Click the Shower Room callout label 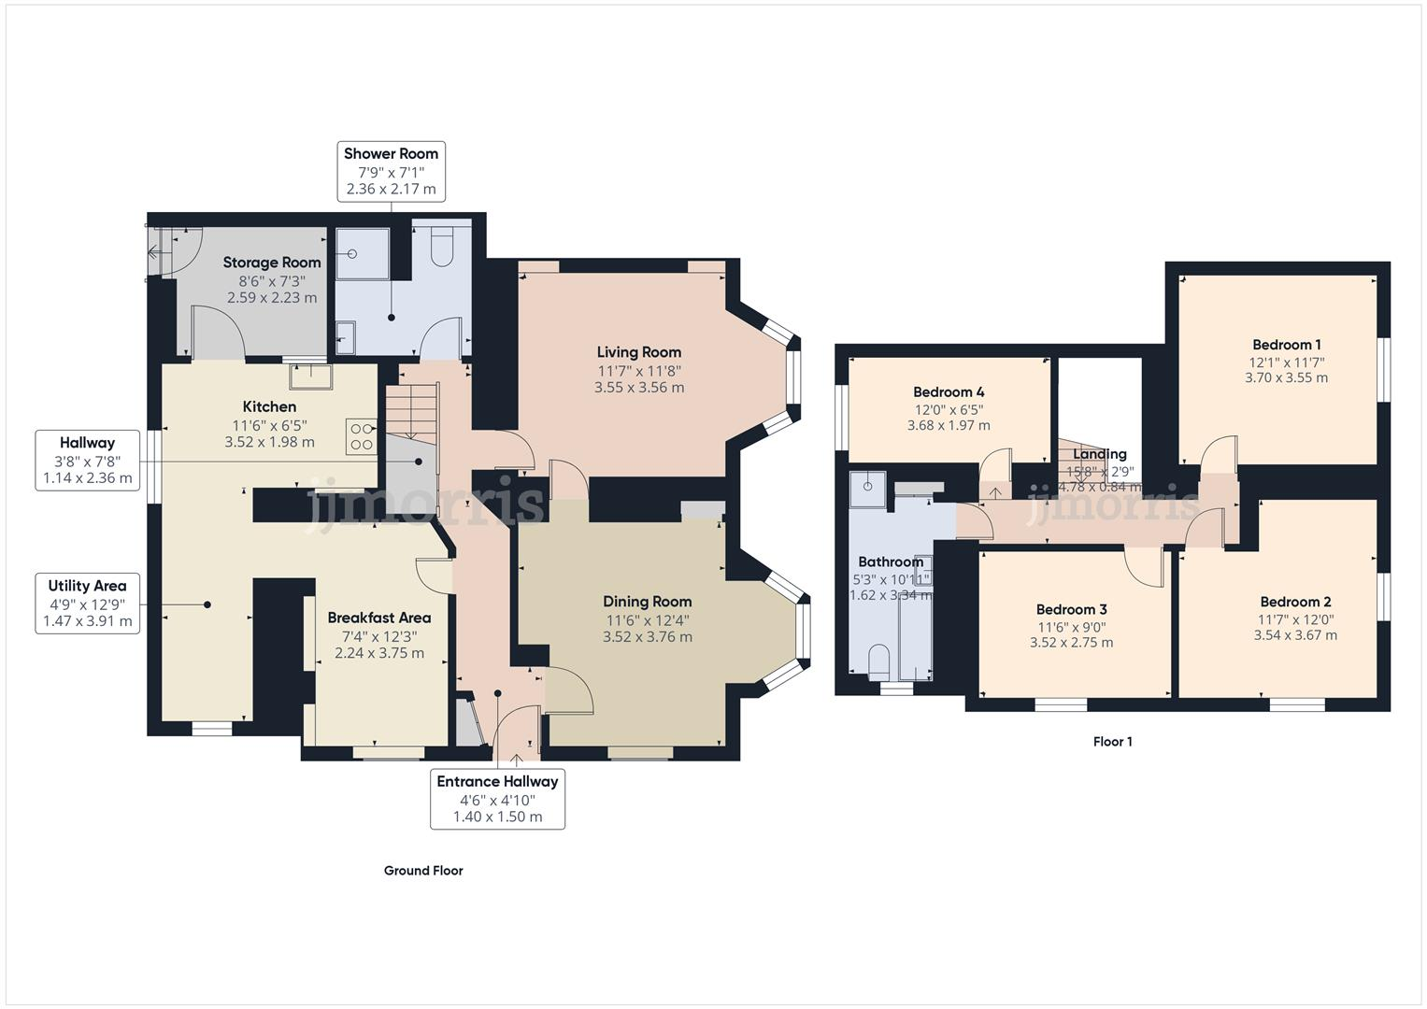391,171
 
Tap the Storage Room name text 271,263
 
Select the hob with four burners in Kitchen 362,436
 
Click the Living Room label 638,352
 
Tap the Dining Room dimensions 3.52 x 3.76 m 647,637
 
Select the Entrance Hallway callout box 497,799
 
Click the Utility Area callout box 87,604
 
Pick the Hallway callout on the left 87,461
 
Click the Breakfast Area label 378,618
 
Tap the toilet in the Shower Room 441,248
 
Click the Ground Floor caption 423,871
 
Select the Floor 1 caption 1112,742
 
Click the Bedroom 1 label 1286,345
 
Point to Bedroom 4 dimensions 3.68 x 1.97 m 948,425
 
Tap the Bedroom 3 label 1071,609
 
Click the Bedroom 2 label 1294,602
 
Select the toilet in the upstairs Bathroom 878,661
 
